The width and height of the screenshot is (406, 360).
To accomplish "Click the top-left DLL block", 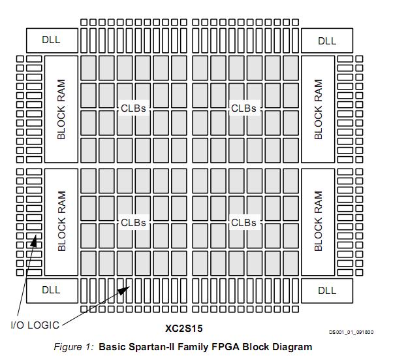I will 51,40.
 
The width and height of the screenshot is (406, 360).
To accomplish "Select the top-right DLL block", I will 326,41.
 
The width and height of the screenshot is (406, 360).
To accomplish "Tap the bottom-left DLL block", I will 51,290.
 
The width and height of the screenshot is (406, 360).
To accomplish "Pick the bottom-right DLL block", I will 326,291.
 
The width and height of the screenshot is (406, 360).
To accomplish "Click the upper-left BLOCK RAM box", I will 61,109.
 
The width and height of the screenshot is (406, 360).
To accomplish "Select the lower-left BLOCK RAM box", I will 61,221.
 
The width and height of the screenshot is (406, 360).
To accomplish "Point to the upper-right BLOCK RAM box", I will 318,109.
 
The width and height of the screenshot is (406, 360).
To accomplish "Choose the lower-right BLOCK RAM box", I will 318,221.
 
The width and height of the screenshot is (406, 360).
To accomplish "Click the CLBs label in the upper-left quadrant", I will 133,108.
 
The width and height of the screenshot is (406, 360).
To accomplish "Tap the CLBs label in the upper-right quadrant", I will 243,108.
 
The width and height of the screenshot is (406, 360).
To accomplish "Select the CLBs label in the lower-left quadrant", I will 133,223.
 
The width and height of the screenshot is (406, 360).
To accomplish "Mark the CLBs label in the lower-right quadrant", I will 243,223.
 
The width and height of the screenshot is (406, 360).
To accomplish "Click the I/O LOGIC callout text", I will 35,325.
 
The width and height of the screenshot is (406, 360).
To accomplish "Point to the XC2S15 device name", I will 188,328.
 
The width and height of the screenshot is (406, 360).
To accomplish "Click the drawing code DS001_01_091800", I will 351,333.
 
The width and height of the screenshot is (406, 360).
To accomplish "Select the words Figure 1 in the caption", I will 74,347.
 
